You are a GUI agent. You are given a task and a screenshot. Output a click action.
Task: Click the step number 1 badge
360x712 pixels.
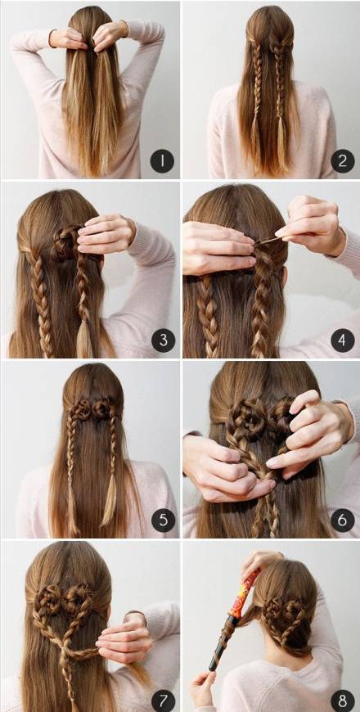tap(162, 161)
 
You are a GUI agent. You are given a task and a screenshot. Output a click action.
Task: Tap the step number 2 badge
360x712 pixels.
tap(343, 161)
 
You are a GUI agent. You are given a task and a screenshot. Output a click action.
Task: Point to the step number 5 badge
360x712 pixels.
tap(163, 520)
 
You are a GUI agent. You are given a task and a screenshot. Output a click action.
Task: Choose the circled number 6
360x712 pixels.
tap(343, 520)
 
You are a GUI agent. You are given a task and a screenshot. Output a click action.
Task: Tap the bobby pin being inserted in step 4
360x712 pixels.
tap(268, 241)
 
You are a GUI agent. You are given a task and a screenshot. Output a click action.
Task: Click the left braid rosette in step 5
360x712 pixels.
tap(82, 408)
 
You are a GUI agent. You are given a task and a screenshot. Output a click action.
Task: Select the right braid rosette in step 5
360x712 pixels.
tap(101, 408)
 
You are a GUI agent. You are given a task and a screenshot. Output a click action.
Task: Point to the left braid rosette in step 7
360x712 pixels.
tap(47, 597)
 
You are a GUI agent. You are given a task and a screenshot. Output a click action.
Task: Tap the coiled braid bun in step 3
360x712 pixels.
tap(66, 243)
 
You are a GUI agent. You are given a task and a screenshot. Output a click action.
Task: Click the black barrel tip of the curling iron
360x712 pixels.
tap(218, 645)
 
